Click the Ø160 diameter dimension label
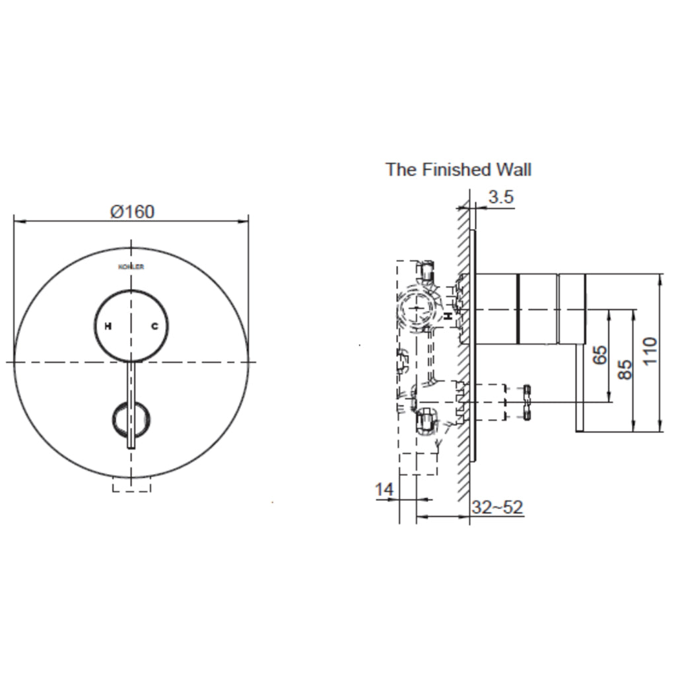[132, 212]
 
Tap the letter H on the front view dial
[108, 326]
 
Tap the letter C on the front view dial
[154, 326]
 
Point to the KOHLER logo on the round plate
[131, 267]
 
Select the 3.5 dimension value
[501, 197]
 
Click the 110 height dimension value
[650, 351]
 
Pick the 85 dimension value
[625, 370]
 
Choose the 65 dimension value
[599, 355]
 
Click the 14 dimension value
[384, 489]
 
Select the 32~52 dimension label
[497, 507]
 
